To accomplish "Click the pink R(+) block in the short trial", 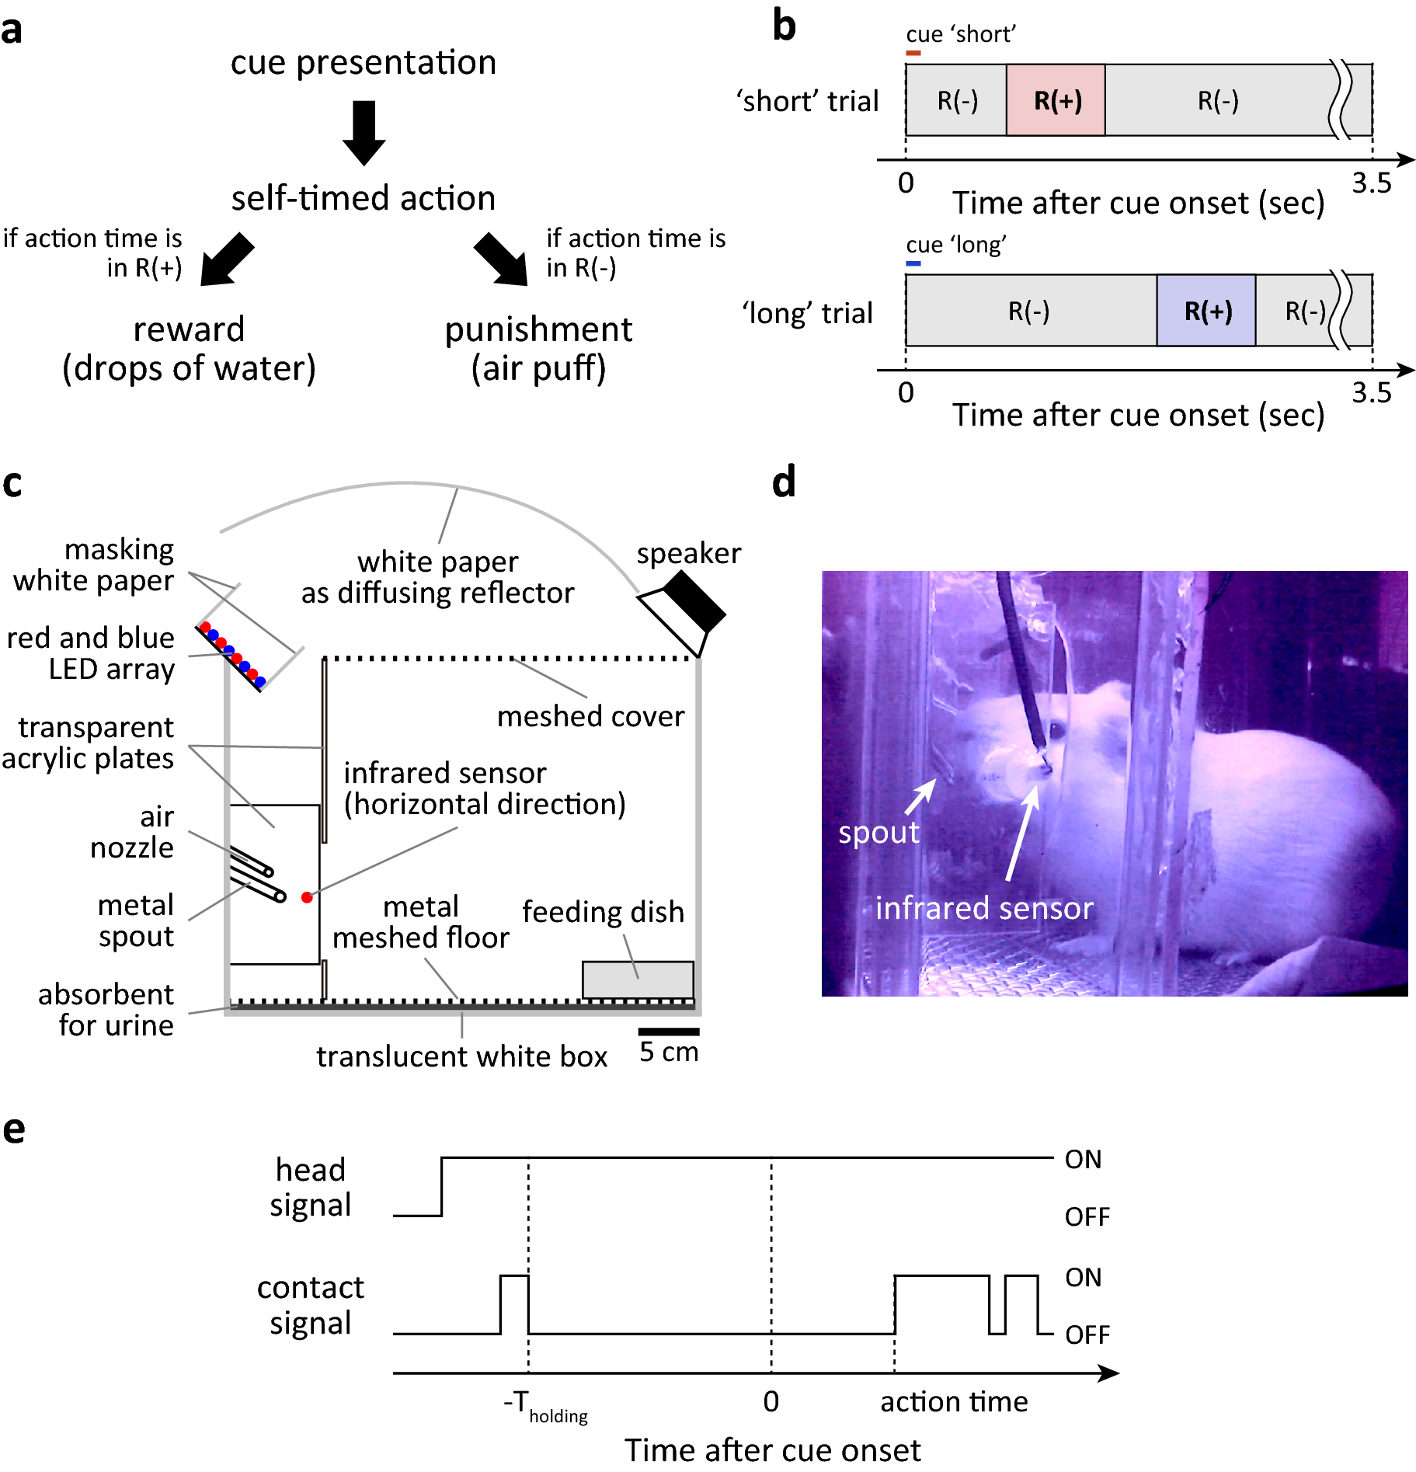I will pos(1055,100).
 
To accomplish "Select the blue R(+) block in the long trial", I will pos(1206,311).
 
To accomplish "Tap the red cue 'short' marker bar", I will pos(913,53).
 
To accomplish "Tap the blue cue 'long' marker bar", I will pos(913,263).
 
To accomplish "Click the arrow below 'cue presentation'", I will pos(364,132).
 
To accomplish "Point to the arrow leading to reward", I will pos(226,260).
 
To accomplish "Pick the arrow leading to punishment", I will pos(501,260).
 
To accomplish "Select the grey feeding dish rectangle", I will pos(638,980).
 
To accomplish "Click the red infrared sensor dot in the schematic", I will pos(307,897).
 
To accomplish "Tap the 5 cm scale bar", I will pos(669,1032).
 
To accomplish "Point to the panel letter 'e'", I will pos(14,1130).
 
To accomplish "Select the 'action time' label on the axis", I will pos(954,1402).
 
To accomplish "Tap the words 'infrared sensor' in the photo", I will pos(984,908).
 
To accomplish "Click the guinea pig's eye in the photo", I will pos(1057,730).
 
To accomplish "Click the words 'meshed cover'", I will pos(590,716).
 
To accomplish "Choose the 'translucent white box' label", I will pos(461,1056).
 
